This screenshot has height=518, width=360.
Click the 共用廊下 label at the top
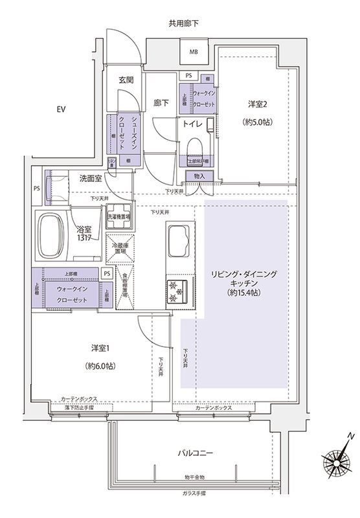click(183, 24)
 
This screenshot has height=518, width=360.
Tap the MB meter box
click(194, 52)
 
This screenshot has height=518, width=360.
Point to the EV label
click(60, 108)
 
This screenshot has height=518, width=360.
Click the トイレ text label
click(191, 124)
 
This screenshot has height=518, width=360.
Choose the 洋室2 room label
click(257, 104)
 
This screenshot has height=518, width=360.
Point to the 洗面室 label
click(91, 178)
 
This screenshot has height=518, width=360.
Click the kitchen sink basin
click(178, 240)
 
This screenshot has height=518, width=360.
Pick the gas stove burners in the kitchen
click(177, 291)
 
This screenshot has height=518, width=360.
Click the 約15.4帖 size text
click(245, 293)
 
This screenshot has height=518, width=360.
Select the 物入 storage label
click(197, 176)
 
